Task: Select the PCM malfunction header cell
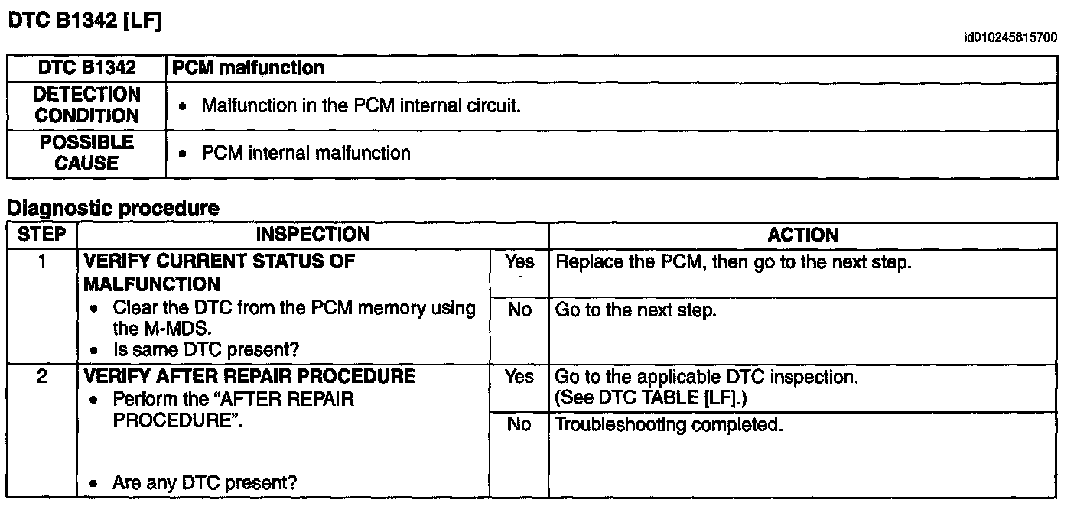[249, 68]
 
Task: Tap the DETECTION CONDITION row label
[86, 105]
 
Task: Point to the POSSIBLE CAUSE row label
[86, 153]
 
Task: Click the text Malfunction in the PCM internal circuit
[360, 105]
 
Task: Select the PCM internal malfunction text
[305, 153]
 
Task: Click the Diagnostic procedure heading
[112, 208]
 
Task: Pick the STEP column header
[41, 234]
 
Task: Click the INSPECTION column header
[312, 235]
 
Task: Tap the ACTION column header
[802, 235]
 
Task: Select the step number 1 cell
[41, 261]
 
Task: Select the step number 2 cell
[41, 376]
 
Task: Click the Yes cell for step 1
[519, 262]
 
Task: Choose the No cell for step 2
[519, 424]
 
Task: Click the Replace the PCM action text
[733, 262]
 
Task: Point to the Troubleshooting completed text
[669, 424]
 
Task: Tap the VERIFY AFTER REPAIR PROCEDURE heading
[249, 376]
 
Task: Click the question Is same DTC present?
[205, 350]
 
